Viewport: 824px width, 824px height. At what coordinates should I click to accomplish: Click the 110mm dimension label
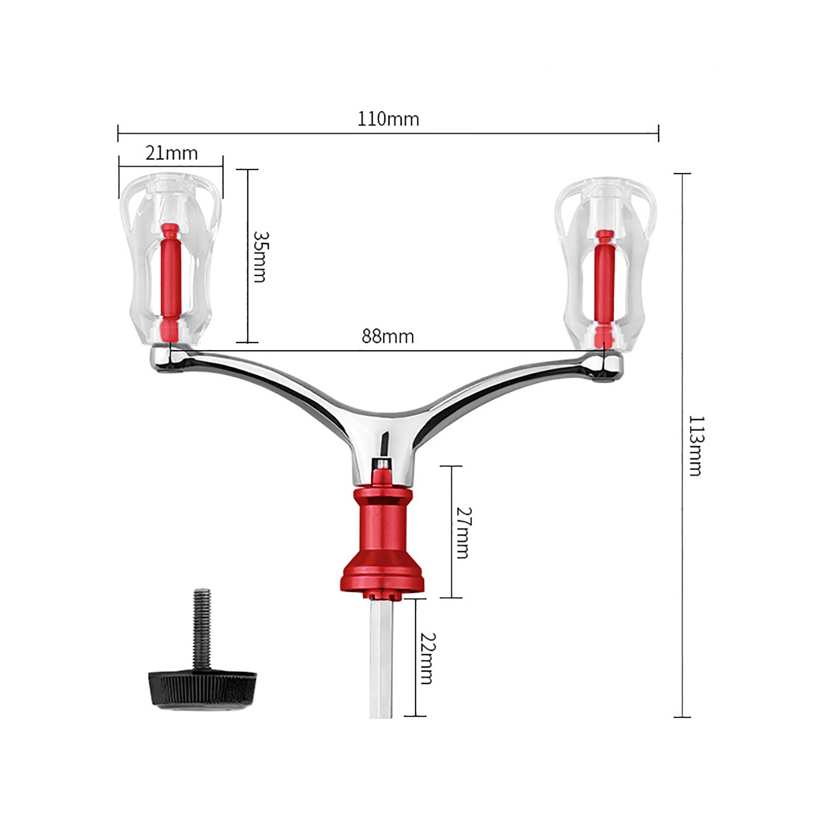point(388,119)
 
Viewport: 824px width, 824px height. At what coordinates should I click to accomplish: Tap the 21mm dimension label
point(171,153)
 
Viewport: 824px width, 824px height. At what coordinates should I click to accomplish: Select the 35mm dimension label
point(261,256)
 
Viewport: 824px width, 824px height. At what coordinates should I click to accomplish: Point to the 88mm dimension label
point(388,336)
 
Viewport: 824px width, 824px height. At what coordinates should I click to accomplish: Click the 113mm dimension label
point(696,446)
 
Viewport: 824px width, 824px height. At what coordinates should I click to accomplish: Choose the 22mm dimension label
point(427,658)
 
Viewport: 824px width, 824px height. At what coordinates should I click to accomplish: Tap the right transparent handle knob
point(605,263)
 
